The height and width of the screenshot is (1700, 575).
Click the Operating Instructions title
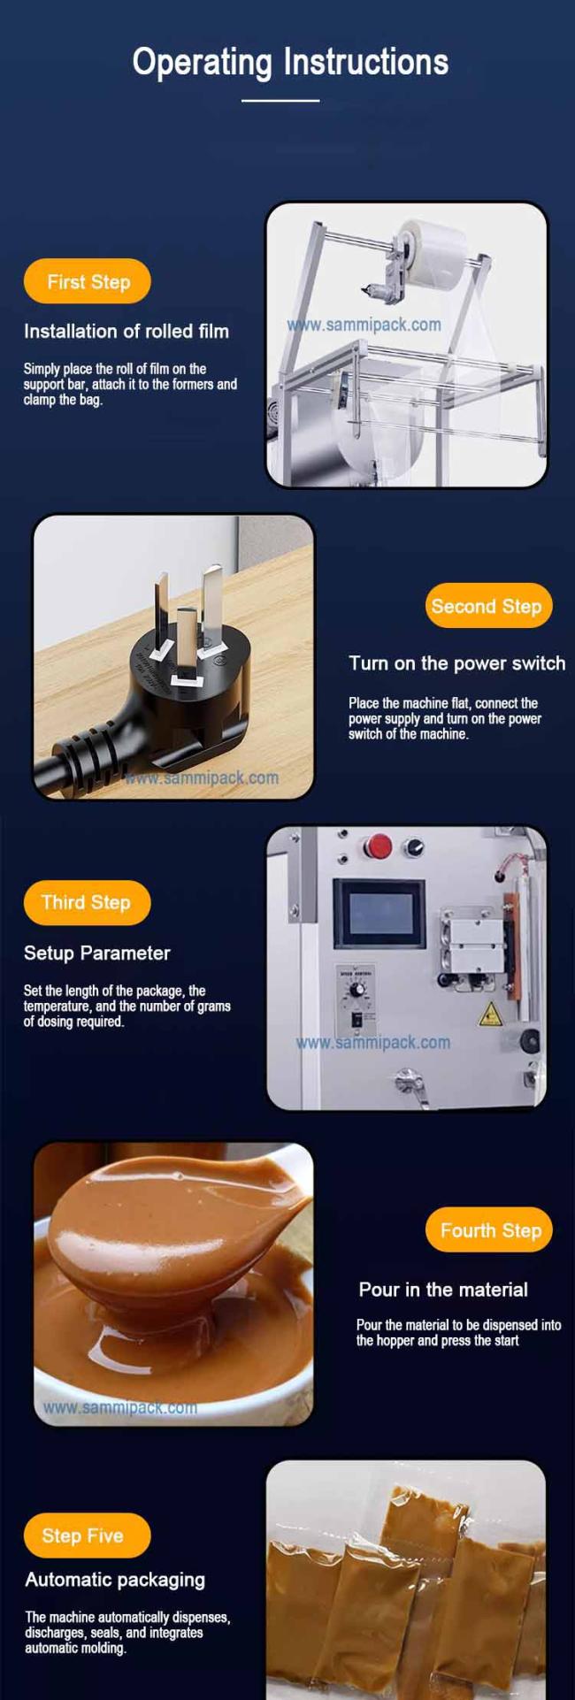(x=290, y=63)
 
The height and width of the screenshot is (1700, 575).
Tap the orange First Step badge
(x=88, y=281)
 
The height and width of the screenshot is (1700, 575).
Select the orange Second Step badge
(x=488, y=606)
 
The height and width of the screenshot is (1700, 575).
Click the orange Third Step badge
(x=87, y=902)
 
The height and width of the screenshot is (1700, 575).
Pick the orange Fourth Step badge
(x=489, y=1230)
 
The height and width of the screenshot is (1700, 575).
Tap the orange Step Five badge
(x=87, y=1535)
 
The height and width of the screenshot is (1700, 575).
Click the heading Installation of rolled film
(x=126, y=332)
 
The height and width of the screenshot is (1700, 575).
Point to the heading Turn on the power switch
(x=456, y=663)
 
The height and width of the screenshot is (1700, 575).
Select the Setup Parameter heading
(x=97, y=953)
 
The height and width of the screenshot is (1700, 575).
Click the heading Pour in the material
(x=443, y=1290)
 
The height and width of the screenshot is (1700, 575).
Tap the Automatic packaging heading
(x=115, y=1580)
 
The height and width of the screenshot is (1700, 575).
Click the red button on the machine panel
(x=379, y=846)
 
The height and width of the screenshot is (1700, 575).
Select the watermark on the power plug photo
(x=202, y=777)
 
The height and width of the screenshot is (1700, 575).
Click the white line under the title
(x=280, y=101)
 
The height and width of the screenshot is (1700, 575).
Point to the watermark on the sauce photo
(x=120, y=1407)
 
